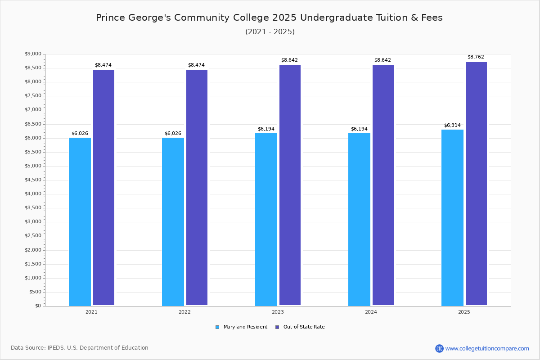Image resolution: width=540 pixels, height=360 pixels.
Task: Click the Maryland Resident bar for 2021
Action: (80, 221)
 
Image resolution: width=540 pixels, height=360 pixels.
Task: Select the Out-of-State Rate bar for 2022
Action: (197, 188)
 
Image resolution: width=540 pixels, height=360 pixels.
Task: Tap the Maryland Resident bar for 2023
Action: (266, 219)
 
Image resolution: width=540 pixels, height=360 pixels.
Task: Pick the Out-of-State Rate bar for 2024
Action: (383, 185)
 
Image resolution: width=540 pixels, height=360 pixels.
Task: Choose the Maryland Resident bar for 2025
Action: (452, 217)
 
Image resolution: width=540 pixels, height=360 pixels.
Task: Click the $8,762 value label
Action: (476, 57)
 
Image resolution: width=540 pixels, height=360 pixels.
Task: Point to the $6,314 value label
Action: (452, 126)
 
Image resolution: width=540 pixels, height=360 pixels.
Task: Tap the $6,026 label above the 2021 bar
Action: (80, 134)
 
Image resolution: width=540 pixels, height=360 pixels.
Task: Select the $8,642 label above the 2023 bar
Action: (289, 60)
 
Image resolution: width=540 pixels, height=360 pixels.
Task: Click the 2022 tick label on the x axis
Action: (184, 312)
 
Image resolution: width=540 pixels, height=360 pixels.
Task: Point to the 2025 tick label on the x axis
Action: (464, 312)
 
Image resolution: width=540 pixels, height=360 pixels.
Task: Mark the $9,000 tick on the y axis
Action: (33, 54)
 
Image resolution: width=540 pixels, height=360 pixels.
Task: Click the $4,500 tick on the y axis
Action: (33, 180)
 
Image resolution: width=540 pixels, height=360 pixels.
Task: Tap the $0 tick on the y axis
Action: (38, 306)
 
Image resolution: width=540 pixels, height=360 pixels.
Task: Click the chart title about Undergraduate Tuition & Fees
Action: (269, 18)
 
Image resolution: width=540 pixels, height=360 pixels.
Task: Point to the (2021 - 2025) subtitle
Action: (270, 32)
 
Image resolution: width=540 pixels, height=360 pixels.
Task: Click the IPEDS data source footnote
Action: (80, 348)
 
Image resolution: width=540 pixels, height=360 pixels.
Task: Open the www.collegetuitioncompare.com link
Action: (487, 348)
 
